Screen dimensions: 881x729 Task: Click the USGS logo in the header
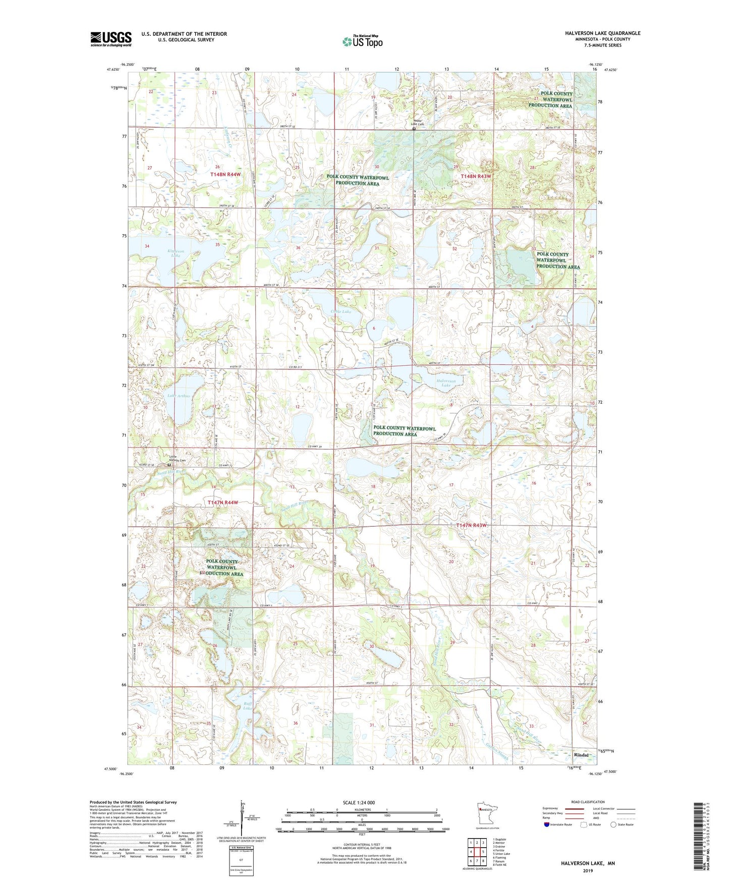[111, 38]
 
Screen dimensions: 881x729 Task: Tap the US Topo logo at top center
[362, 41]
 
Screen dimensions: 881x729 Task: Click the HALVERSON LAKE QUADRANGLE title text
[602, 33]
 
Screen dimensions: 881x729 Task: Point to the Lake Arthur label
[179, 396]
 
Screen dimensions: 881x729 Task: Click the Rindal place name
[582, 755]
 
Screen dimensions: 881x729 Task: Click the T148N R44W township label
[225, 174]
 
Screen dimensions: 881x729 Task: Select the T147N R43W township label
[471, 526]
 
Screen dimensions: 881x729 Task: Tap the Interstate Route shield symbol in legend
[547, 825]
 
